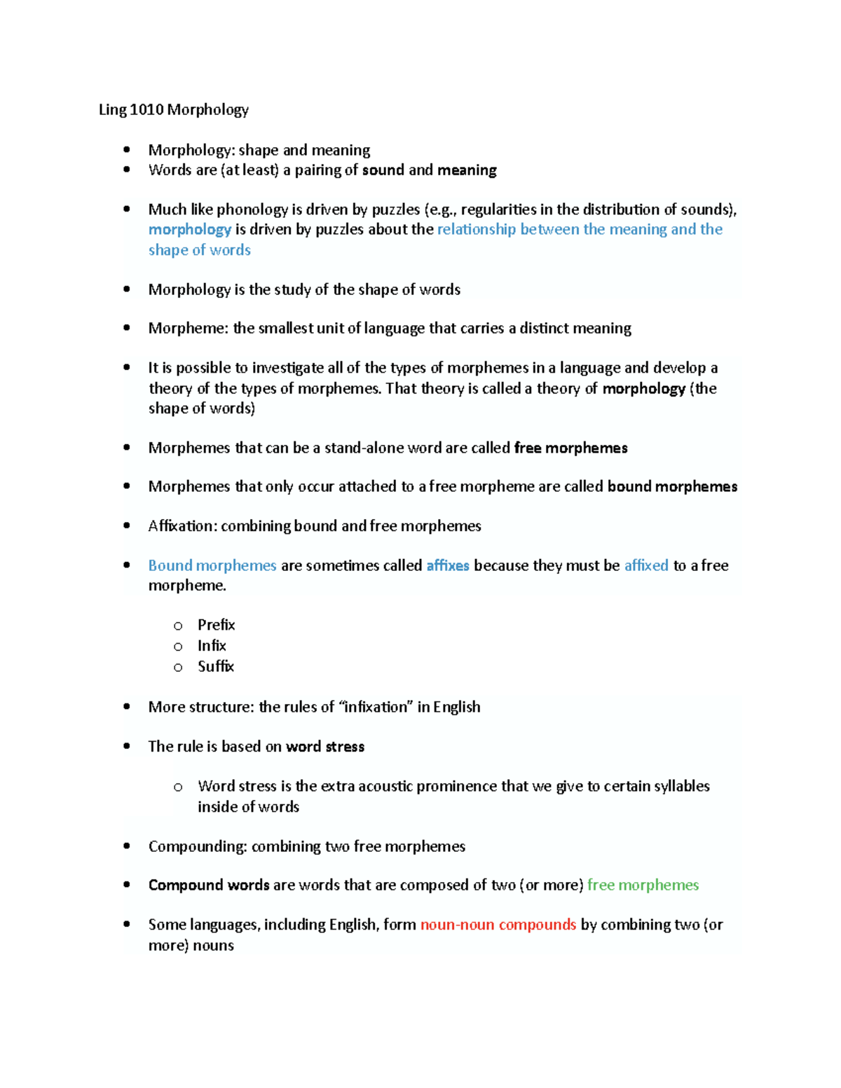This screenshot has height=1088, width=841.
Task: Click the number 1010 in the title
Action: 146,109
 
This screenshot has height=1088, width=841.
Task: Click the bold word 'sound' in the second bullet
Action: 383,170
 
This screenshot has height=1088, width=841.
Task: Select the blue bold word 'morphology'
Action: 189,229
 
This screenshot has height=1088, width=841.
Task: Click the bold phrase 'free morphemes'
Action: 570,448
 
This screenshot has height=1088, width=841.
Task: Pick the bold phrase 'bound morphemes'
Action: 672,486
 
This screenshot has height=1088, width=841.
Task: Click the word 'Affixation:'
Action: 182,525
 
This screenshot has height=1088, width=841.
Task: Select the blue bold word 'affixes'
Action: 447,565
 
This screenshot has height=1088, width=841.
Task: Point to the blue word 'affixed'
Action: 646,565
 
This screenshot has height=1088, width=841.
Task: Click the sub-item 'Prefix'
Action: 216,624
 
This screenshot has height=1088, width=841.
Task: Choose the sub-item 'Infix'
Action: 212,645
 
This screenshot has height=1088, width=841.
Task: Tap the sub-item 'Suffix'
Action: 215,666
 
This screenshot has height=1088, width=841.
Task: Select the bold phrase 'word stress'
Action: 325,746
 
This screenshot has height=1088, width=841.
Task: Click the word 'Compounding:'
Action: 198,846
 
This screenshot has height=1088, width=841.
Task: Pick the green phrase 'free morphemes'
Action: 643,885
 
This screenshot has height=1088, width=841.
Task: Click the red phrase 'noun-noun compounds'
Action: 498,925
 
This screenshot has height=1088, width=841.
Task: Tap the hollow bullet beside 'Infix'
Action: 178,646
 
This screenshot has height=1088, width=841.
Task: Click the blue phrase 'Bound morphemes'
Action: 212,565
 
